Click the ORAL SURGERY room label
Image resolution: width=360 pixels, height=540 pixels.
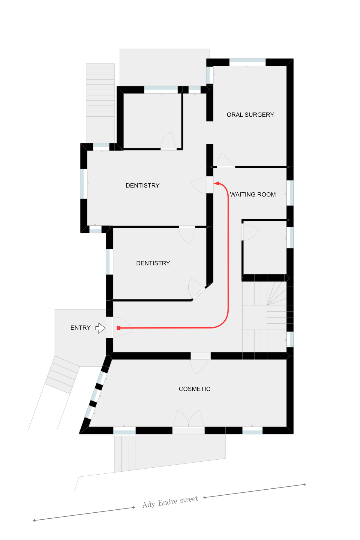click(250, 115)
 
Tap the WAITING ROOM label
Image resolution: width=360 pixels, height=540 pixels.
click(253, 194)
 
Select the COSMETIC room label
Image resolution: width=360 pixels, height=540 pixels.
click(194, 389)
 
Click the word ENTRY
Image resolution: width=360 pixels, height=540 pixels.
click(80, 328)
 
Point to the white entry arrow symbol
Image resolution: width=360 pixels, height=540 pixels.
click(100, 328)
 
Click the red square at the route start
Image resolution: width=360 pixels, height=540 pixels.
click(118, 328)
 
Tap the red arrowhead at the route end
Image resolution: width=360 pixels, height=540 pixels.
click(216, 183)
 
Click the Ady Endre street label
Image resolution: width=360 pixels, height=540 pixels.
click(170, 502)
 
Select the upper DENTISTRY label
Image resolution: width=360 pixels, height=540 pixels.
click(142, 185)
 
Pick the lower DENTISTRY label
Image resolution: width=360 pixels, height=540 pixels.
click(153, 263)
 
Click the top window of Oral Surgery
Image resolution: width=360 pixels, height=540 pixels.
click(247, 62)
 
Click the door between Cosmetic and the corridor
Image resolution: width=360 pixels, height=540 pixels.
click(200, 363)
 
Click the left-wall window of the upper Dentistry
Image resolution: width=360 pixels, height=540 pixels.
click(84, 184)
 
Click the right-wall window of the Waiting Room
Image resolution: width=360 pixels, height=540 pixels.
click(290, 193)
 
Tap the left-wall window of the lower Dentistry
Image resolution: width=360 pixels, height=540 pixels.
click(110, 262)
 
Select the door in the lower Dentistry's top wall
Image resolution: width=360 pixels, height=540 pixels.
click(187, 235)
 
